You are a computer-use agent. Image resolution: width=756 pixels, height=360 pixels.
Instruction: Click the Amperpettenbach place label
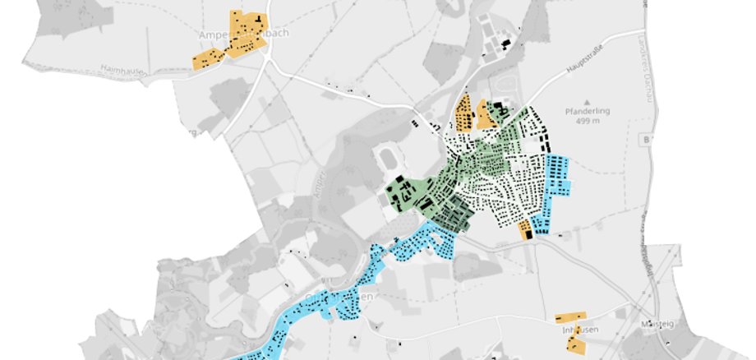pos(234,35)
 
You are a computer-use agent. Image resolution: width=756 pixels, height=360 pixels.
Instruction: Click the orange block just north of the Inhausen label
pos(570,316)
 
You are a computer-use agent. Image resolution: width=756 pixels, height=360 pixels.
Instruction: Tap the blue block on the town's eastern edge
pos(558,176)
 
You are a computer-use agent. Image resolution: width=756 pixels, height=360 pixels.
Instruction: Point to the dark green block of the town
pos(452,215)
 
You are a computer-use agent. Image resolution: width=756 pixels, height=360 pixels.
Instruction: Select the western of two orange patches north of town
pos(463,113)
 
